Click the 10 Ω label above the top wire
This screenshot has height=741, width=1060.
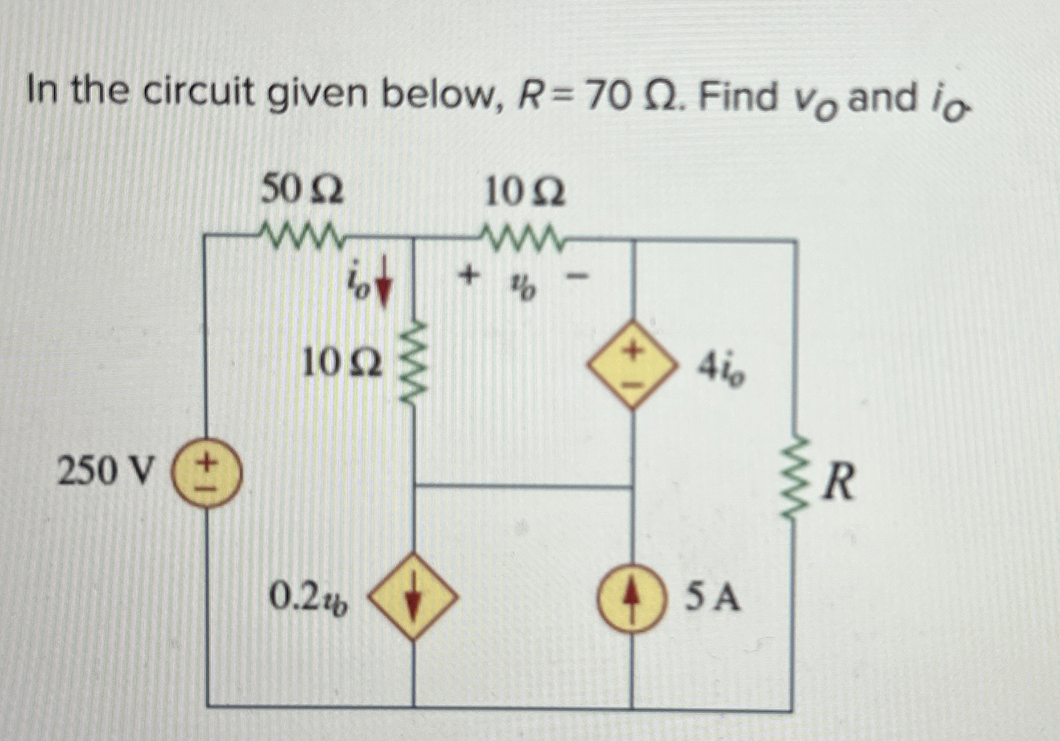point(525,193)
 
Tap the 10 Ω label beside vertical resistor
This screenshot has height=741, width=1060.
point(342,364)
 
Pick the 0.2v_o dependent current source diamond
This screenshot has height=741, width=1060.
point(414,596)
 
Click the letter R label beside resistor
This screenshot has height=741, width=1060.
point(839,483)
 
